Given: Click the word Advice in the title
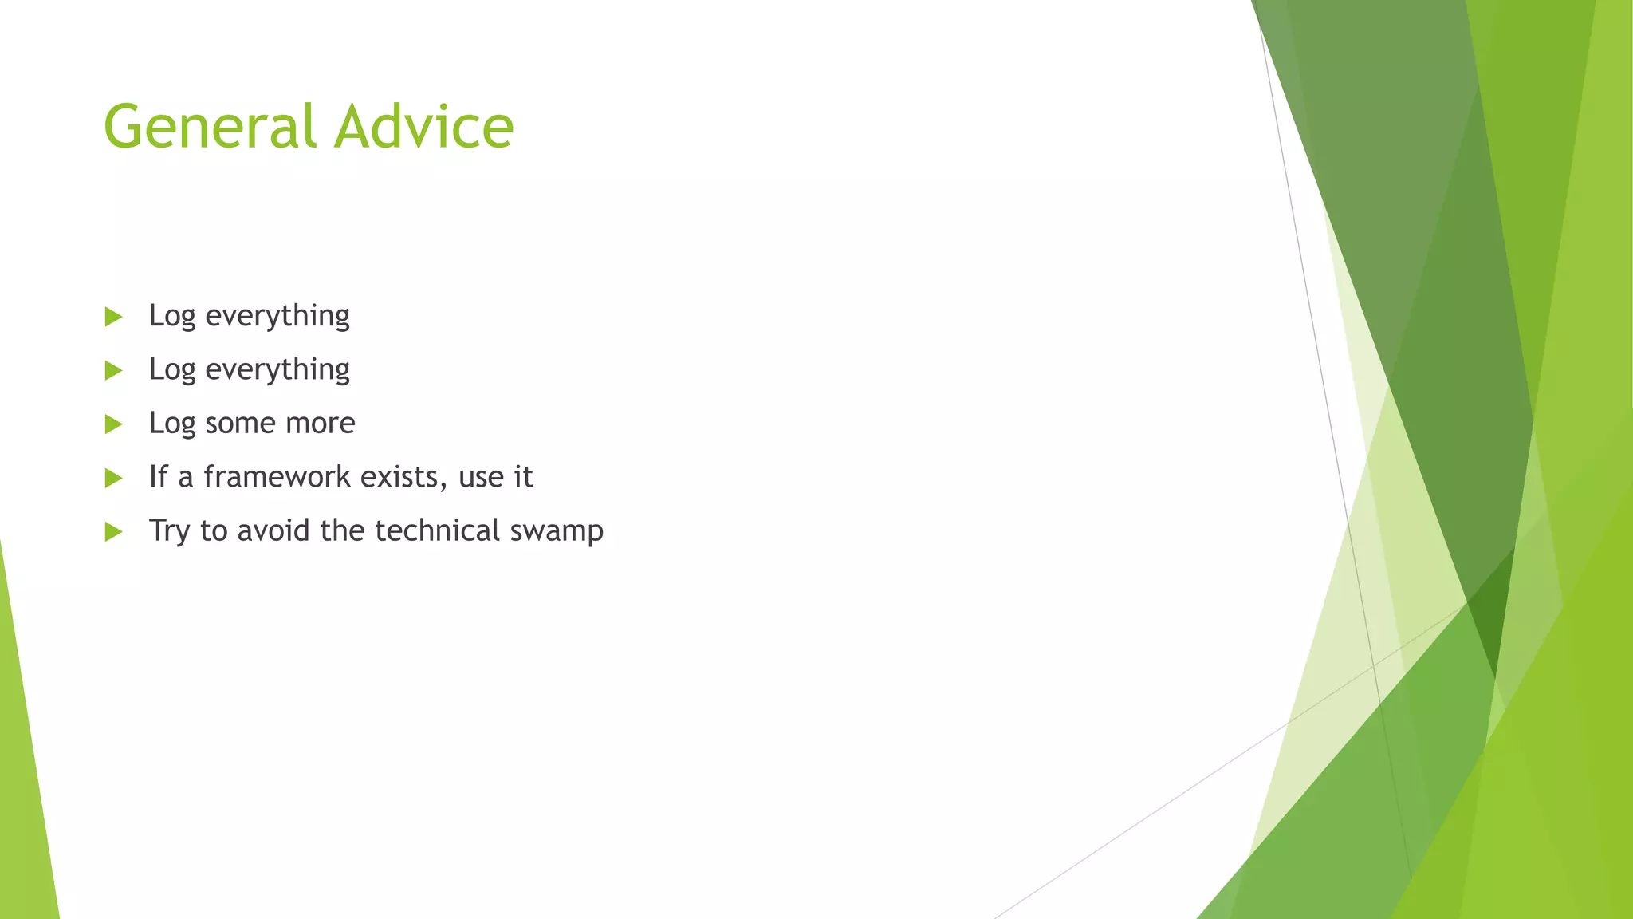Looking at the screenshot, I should (423, 128).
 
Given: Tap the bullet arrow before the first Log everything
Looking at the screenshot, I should (113, 317).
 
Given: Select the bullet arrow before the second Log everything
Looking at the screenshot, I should (113, 370).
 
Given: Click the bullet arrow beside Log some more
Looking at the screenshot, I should (113, 424).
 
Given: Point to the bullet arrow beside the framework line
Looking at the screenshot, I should (113, 478).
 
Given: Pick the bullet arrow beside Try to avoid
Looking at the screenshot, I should (113, 531).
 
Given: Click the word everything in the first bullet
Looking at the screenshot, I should (277, 317).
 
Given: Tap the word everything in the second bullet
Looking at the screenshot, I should (277, 370).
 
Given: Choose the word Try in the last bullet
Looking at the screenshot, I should (169, 531).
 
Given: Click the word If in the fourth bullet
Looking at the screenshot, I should (158, 476).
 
